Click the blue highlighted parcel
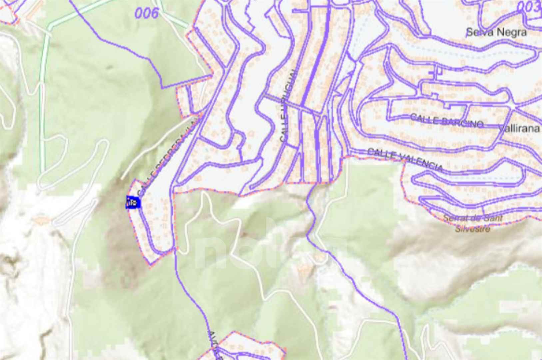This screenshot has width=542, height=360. [133, 203]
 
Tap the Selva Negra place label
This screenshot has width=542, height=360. [496, 32]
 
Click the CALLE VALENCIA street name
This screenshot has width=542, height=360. [405, 160]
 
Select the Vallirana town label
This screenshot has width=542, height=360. [520, 129]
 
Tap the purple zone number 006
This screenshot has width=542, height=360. [147, 13]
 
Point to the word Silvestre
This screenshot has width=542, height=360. [472, 229]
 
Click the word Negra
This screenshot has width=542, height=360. [512, 32]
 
